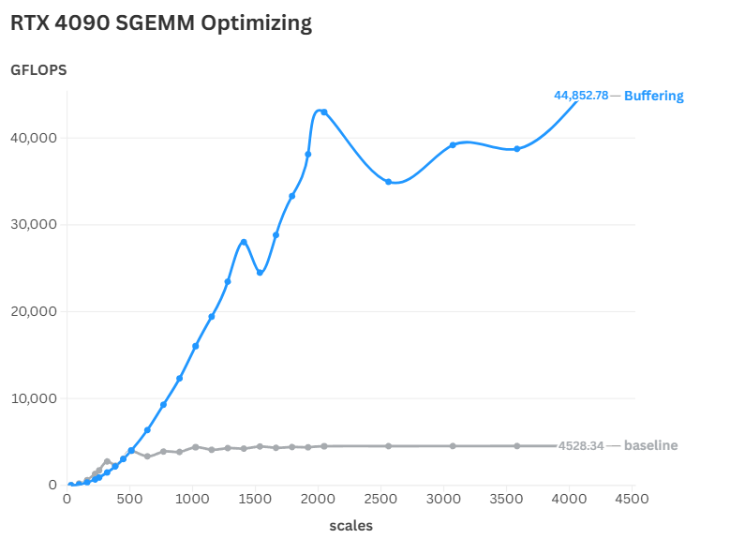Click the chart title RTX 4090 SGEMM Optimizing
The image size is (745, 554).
click(x=161, y=23)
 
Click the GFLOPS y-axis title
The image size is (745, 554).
click(x=38, y=70)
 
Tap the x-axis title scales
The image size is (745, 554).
click(x=350, y=526)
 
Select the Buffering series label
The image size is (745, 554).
click(x=654, y=96)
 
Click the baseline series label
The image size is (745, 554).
click(x=651, y=445)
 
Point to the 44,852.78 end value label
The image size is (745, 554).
click(x=581, y=96)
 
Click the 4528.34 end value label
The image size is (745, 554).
click(x=581, y=445)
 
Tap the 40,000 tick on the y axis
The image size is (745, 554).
click(x=33, y=138)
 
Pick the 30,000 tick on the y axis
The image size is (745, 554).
click(x=33, y=224)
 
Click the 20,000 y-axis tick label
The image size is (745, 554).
click(x=33, y=311)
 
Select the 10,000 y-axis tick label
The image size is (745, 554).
click(x=33, y=398)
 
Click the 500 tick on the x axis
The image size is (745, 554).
click(x=129, y=499)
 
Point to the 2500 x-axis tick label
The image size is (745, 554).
click(x=380, y=499)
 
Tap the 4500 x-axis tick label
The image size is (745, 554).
click(x=632, y=499)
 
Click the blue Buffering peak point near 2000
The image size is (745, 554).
click(x=324, y=112)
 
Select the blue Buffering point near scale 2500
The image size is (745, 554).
click(x=388, y=182)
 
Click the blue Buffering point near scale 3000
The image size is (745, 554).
click(x=453, y=145)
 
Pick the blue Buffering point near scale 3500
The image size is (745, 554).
click(x=517, y=149)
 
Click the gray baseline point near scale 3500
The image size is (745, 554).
click(x=517, y=446)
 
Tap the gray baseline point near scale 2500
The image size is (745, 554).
click(x=388, y=446)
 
